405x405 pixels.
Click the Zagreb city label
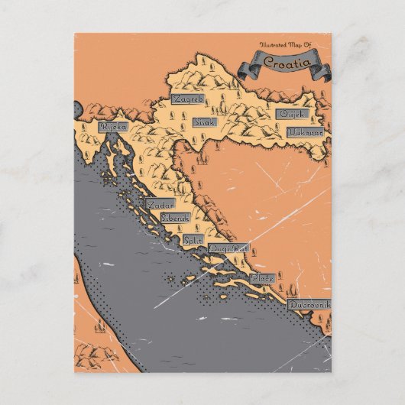click(189, 100)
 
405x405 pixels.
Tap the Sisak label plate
click(204, 122)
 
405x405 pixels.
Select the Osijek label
click(293, 114)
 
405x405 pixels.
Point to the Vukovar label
click(306, 131)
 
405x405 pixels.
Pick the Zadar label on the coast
click(160, 205)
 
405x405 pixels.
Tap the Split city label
click(193, 239)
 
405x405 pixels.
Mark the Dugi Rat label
click(228, 248)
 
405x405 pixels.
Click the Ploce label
click(262, 278)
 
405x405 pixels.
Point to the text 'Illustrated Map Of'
click(285, 45)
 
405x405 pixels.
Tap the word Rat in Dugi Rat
click(239, 248)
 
